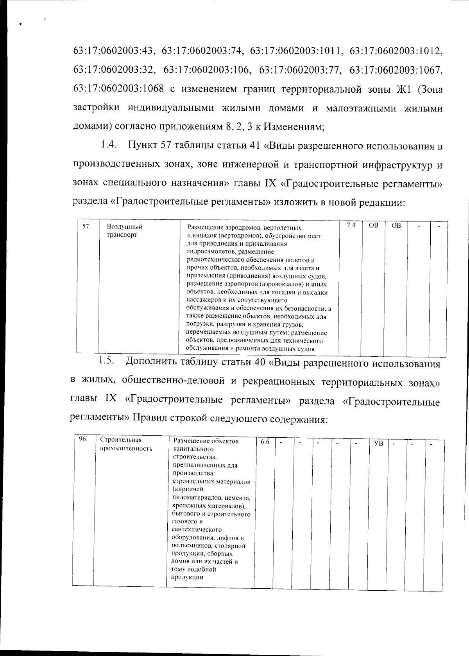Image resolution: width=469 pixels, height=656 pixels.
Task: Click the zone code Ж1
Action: (x=402, y=89)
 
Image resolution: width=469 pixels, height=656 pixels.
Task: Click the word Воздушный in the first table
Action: (x=124, y=227)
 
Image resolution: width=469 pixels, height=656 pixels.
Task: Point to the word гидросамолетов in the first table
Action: (x=208, y=252)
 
